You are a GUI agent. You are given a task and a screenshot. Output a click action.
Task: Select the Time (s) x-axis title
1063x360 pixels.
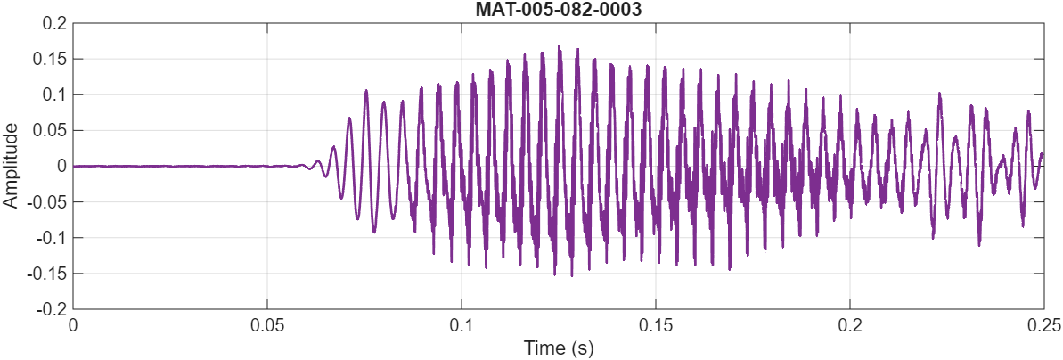pyautogui.click(x=558, y=348)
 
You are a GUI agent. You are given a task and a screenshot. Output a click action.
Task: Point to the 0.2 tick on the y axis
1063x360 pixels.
pyautogui.click(x=53, y=23)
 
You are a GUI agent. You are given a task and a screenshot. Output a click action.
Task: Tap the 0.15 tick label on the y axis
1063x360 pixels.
pyautogui.click(x=48, y=59)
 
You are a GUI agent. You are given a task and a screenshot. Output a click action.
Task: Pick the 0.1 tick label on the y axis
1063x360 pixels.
pyautogui.click(x=53, y=94)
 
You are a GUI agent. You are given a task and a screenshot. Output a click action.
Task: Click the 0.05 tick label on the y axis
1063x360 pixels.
pyautogui.click(x=48, y=130)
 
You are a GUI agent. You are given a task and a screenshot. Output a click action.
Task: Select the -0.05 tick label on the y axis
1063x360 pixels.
pyautogui.click(x=45, y=201)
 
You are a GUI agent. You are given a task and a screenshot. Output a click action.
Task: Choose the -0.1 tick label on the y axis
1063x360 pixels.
pyautogui.click(x=50, y=237)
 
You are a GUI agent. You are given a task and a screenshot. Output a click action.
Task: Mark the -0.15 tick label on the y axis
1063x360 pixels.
pyautogui.click(x=45, y=273)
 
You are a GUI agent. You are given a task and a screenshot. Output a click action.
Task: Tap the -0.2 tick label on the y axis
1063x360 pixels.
pyautogui.click(x=50, y=308)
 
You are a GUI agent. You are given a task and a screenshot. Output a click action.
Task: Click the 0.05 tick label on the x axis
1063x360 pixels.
pyautogui.click(x=267, y=324)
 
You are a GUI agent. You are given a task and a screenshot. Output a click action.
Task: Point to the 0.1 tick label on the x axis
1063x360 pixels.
pyautogui.click(x=462, y=324)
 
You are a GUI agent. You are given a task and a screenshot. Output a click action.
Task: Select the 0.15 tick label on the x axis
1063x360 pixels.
pyautogui.click(x=656, y=324)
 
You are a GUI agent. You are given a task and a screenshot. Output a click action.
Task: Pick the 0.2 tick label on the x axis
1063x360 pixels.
pyautogui.click(x=850, y=324)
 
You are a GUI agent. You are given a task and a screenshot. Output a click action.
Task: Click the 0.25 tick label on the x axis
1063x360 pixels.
pyautogui.click(x=1043, y=324)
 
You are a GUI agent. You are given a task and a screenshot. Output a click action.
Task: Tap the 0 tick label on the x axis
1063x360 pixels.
pyautogui.click(x=73, y=324)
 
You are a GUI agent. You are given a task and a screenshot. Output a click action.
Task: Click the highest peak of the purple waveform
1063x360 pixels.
pyautogui.click(x=560, y=46)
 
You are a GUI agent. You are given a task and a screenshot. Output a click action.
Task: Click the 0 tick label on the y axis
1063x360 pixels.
pyautogui.click(x=60, y=166)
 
